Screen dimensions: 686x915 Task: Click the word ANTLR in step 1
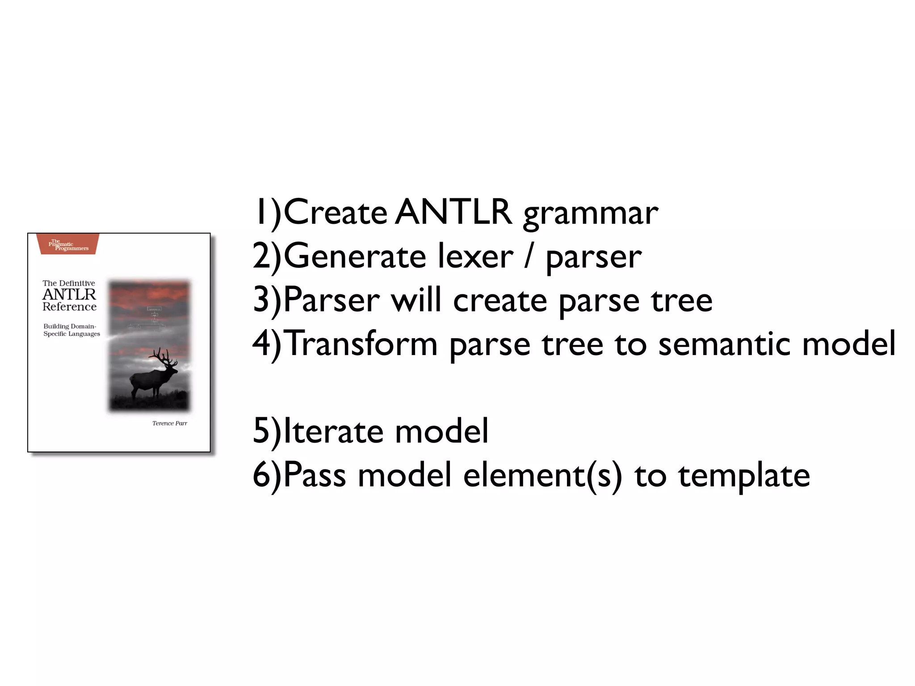(x=453, y=212)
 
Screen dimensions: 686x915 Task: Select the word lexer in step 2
(x=475, y=256)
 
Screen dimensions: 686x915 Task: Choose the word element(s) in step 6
(x=542, y=475)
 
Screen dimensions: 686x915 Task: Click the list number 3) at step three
(x=267, y=300)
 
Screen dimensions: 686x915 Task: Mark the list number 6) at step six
(x=267, y=475)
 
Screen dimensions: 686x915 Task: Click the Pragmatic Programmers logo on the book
(x=69, y=245)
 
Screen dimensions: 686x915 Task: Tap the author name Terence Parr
(x=170, y=423)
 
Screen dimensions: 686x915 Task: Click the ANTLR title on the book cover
(x=69, y=295)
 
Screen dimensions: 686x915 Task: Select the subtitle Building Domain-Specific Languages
(x=71, y=330)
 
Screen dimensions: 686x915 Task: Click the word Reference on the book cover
(x=69, y=307)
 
